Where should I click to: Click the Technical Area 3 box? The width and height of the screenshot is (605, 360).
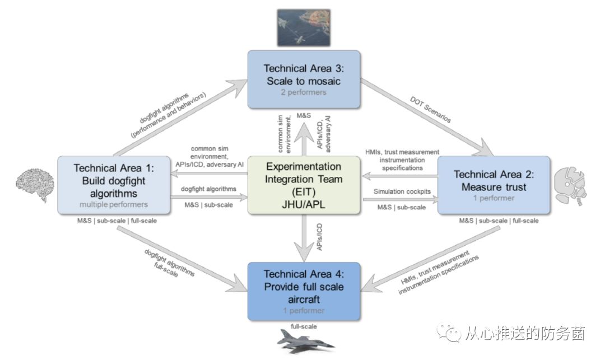point(303,79)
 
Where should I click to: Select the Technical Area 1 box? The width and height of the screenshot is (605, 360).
point(114,185)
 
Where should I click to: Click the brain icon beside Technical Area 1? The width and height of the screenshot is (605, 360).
point(34,184)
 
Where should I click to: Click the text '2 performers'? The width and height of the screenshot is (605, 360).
point(303,92)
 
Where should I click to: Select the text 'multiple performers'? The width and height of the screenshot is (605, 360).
point(114,204)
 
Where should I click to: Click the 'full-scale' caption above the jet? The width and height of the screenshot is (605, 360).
point(302,325)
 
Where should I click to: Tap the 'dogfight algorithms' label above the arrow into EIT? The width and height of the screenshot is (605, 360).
point(208,189)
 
